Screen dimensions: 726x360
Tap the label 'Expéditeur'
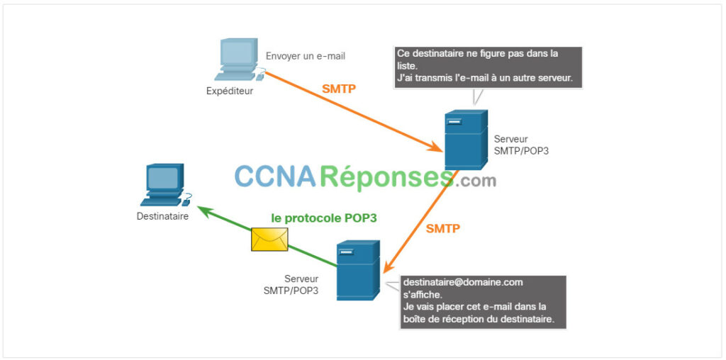pos(230,91)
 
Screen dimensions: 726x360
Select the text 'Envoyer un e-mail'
pos(306,57)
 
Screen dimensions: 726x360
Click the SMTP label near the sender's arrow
pos(339,89)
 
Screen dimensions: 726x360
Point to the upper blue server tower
pos(466,140)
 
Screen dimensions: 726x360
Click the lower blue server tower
pos(358,270)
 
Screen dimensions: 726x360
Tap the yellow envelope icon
pos(269,240)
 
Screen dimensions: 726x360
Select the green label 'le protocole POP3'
pos(324,218)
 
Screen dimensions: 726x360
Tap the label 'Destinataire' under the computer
pos(162,216)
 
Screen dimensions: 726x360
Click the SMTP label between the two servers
pos(443,228)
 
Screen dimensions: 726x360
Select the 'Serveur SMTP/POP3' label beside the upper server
pos(521,145)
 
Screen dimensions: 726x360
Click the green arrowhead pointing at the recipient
pos(205,212)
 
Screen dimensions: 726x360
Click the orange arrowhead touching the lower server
pos(389,266)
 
